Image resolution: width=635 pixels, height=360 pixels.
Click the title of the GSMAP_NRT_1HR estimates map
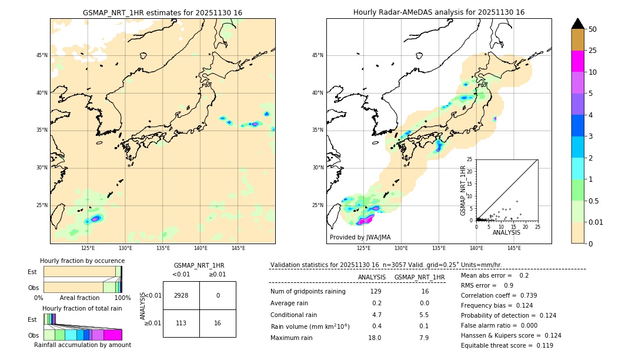coord(162,12)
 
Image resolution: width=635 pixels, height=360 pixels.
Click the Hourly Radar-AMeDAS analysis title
coord(439,12)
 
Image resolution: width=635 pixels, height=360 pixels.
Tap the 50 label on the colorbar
coord(593,29)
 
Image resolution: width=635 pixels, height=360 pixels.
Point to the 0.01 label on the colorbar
coord(596,222)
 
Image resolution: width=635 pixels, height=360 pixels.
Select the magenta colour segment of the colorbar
coord(578,61)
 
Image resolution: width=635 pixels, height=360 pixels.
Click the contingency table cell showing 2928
coord(181,295)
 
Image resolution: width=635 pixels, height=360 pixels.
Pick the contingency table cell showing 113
coord(181,323)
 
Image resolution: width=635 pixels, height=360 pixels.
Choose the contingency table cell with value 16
coord(218,323)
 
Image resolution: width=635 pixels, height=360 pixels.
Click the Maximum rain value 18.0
coord(376,338)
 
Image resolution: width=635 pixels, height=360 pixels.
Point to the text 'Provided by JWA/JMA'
coord(360,238)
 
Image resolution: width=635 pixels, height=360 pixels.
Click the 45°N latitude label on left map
coord(42,55)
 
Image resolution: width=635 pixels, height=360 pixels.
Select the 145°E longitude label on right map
coord(514,248)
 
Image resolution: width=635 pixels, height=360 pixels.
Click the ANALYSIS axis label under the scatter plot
coord(506,232)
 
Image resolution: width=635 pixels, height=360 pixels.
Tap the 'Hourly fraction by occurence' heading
coord(82,261)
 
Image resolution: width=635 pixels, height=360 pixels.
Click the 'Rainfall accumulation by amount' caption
coord(82,345)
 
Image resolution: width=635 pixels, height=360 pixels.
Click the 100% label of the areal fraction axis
coord(122,298)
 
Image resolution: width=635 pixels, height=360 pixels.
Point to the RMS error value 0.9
coord(509,285)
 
